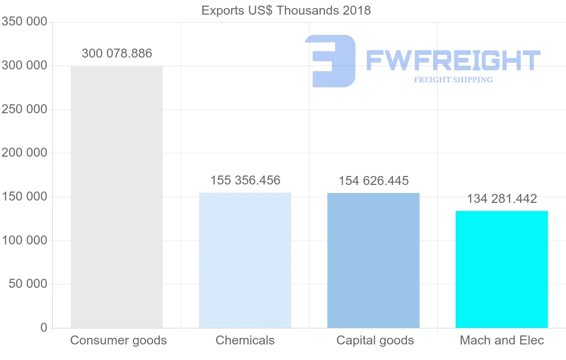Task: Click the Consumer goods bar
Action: pos(117,197)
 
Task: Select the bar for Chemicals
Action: pos(245,260)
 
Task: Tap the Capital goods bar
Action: pos(373,260)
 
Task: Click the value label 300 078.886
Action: pos(117,53)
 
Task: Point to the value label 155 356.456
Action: pos(245,180)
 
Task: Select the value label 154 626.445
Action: pos(374,181)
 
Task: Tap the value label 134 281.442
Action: pos(502,199)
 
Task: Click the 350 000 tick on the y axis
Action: pos(25,22)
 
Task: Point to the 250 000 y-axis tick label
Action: pos(25,109)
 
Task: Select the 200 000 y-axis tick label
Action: pos(25,153)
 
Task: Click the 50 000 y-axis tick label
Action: pos(28,284)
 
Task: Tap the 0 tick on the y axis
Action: pos(44,327)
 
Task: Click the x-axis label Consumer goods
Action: pos(118,340)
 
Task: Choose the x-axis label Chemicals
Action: pos(245,340)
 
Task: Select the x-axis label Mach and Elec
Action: pos(502,340)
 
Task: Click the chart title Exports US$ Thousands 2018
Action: pos(286,10)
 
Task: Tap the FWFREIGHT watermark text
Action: pos(453,60)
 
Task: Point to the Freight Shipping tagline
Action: pos(453,80)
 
